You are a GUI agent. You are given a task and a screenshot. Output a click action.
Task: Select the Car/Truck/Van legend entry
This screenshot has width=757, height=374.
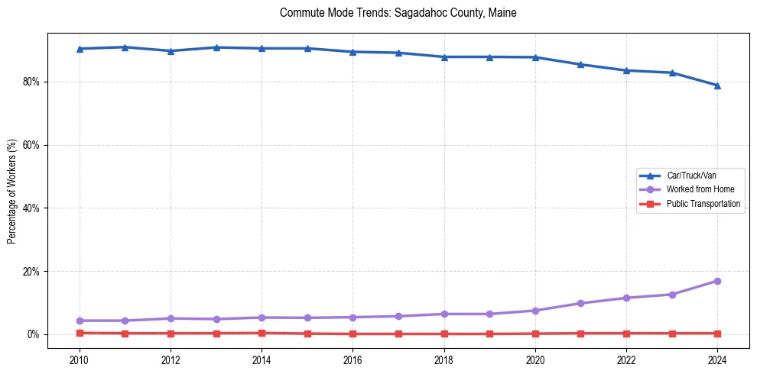pyautogui.click(x=691, y=176)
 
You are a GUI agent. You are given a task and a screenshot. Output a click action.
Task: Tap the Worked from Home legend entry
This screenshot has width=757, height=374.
pyautogui.click(x=699, y=189)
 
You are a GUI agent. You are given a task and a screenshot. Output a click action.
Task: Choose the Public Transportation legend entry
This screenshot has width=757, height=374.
pyautogui.click(x=703, y=204)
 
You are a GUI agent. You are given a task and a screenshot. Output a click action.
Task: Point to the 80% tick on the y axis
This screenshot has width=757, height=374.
pyautogui.click(x=32, y=82)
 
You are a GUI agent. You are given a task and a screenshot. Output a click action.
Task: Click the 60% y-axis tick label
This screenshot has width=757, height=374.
pyautogui.click(x=32, y=145)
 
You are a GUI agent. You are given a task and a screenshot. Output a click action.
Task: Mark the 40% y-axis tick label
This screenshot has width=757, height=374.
pyautogui.click(x=32, y=208)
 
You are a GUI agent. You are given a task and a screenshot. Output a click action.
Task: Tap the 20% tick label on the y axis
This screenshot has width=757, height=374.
pyautogui.click(x=32, y=272)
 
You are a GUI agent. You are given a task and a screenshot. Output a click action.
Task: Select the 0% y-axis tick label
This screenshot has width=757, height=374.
pyautogui.click(x=34, y=334)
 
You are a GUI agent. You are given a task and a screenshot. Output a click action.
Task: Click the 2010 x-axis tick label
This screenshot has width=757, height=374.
pyautogui.click(x=79, y=359)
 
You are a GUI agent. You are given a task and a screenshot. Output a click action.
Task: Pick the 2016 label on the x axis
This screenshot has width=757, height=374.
pyautogui.click(x=353, y=359)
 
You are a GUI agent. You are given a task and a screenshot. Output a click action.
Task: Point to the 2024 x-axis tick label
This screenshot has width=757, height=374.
pyautogui.click(x=717, y=359)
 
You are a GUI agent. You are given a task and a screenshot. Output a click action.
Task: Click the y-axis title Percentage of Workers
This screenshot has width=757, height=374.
pyautogui.click(x=12, y=192)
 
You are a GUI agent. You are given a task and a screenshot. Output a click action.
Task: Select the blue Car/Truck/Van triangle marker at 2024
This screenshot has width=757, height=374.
pyautogui.click(x=717, y=85)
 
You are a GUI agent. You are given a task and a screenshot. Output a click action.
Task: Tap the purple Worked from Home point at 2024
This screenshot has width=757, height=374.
pyautogui.click(x=717, y=281)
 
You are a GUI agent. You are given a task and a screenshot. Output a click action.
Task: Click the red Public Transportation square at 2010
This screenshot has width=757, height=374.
pyautogui.click(x=79, y=333)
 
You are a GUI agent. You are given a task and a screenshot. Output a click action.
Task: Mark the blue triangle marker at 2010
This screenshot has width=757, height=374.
pyautogui.click(x=79, y=49)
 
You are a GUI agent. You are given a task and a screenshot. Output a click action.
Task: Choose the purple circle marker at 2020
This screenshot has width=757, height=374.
pyautogui.click(x=535, y=311)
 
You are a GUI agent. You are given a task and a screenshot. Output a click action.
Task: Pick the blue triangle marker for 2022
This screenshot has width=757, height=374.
pyautogui.click(x=626, y=70)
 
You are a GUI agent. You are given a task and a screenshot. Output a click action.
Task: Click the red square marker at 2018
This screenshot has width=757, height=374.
pyautogui.click(x=444, y=334)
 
